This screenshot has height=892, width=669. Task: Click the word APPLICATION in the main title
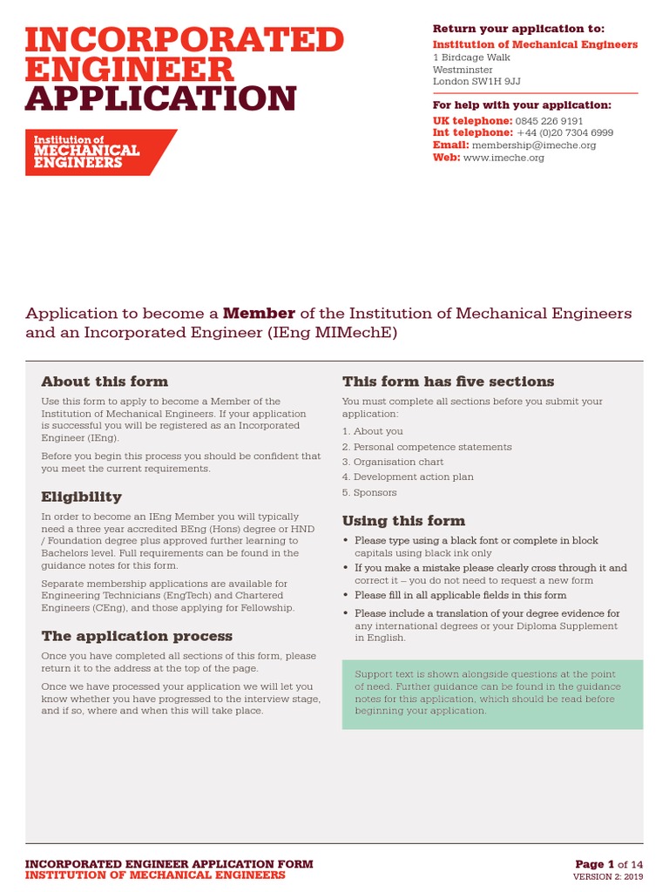(161, 98)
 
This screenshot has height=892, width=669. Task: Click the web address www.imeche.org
(503, 158)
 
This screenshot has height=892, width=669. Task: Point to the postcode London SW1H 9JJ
(476, 82)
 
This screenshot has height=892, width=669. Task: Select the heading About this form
(105, 382)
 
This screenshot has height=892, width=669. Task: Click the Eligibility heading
(81, 497)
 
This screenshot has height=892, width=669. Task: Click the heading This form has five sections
(448, 382)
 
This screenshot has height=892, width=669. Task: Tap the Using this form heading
(403, 521)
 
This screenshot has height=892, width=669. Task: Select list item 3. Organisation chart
(393, 462)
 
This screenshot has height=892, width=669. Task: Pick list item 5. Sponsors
(369, 492)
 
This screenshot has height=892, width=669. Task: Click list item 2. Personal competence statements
(427, 447)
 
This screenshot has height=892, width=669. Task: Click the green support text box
(492, 693)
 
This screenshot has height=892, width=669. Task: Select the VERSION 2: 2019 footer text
(607, 876)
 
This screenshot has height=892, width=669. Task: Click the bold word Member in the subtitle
(259, 313)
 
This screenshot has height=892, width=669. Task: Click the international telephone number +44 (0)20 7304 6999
(564, 133)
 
